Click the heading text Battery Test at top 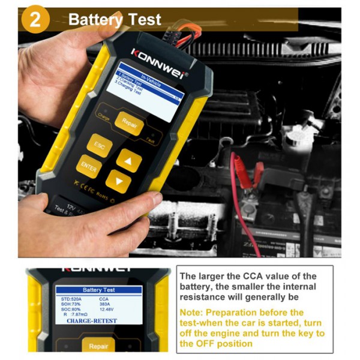(x=115, y=19)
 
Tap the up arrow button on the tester (x=128, y=159)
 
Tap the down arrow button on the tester (x=118, y=181)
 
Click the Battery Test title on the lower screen (x=103, y=290)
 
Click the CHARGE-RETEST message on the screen (x=92, y=321)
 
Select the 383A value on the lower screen (x=106, y=304)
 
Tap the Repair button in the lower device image (x=98, y=346)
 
